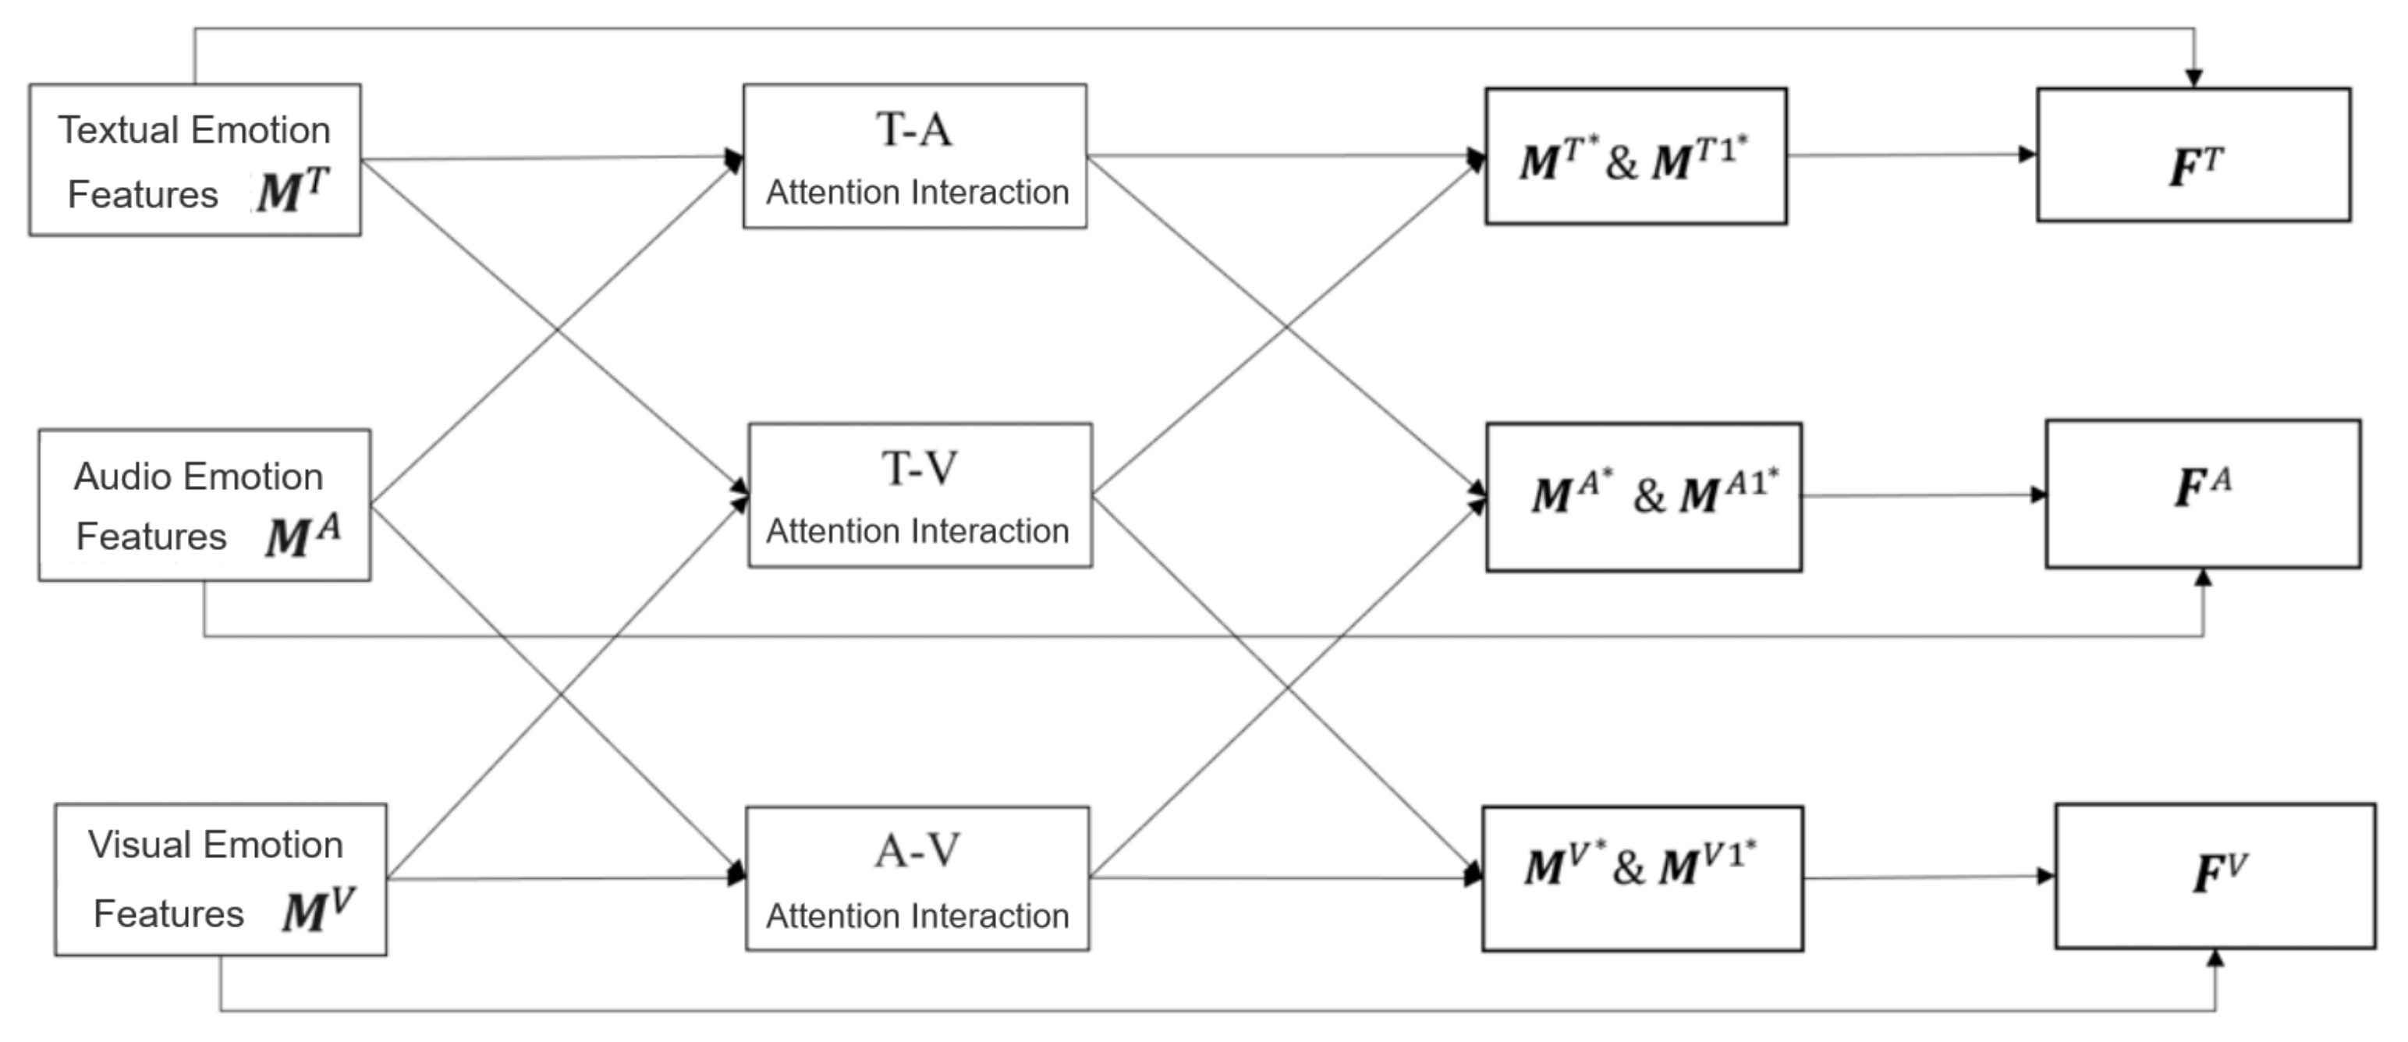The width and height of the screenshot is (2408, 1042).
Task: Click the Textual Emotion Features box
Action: [x=194, y=160]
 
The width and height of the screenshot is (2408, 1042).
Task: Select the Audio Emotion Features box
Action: [x=204, y=505]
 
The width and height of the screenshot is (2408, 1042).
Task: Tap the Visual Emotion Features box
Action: [x=220, y=880]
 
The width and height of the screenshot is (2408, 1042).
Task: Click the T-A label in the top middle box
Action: [x=914, y=130]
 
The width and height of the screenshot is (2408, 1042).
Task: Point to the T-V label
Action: [x=919, y=469]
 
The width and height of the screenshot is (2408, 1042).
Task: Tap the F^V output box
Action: [x=2215, y=876]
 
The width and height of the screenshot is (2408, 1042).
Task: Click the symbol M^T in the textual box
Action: [x=293, y=190]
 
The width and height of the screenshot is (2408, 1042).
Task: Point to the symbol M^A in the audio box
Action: [x=302, y=536]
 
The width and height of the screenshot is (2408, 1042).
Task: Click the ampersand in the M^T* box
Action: [x=1621, y=162]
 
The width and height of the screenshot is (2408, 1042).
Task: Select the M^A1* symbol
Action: [x=1728, y=492]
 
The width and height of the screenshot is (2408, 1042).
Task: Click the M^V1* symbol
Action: [x=1707, y=864]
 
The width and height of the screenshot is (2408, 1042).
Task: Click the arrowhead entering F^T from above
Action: [x=2194, y=79]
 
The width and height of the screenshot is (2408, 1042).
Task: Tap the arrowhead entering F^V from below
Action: [x=2215, y=959]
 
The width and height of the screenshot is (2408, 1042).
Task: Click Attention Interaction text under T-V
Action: [x=917, y=531]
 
